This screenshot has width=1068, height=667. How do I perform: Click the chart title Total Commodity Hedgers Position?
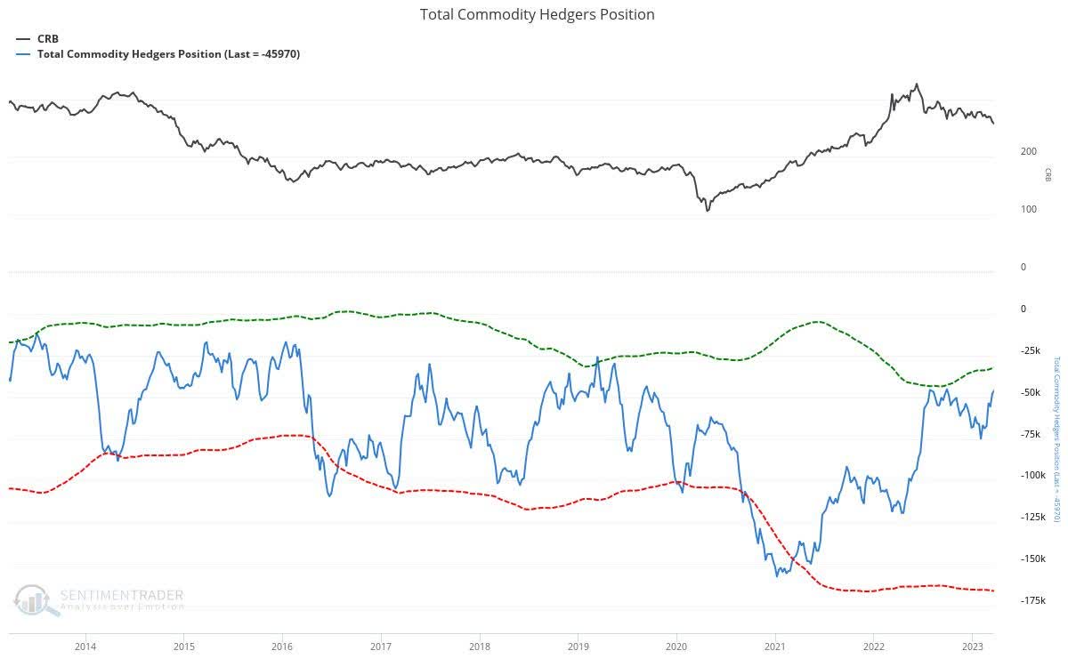(x=537, y=14)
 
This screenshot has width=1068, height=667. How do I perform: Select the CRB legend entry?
(x=47, y=38)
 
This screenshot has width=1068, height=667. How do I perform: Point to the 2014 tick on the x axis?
(x=85, y=646)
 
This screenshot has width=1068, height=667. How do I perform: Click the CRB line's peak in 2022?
(x=917, y=84)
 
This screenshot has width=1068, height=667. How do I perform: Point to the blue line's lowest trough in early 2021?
(x=777, y=575)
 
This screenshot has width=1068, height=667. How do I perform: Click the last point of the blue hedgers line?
(x=993, y=390)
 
